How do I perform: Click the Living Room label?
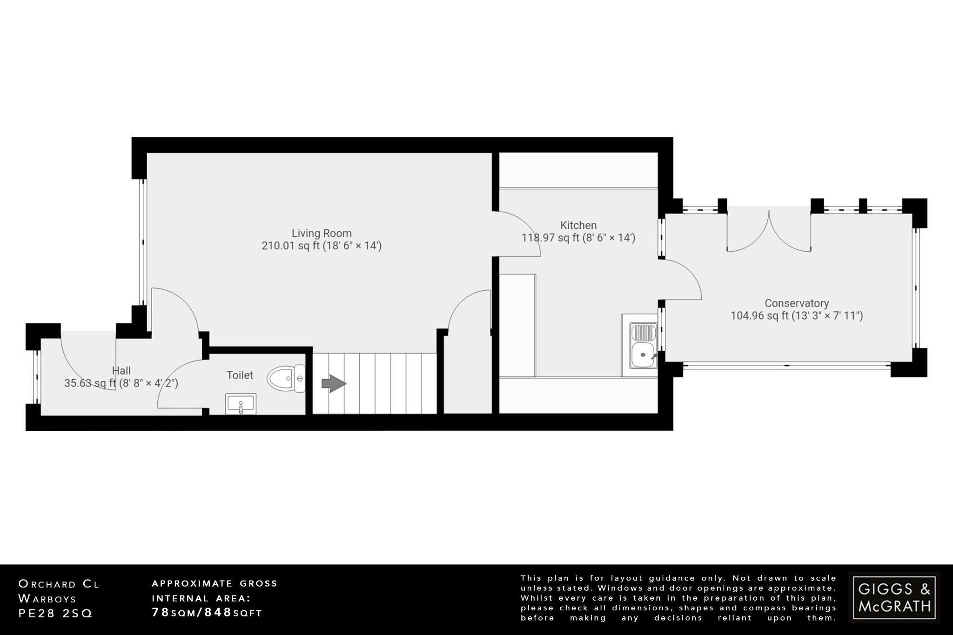point(322,233)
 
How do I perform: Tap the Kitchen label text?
point(578,225)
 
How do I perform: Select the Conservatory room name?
point(797,303)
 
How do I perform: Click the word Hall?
point(121,371)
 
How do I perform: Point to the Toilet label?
point(240,375)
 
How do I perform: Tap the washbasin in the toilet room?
point(241,404)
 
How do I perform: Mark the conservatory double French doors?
point(769,233)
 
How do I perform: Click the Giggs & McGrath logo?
point(894,598)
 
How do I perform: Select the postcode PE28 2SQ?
point(55,614)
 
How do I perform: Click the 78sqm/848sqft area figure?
point(207,613)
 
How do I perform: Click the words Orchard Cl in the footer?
point(59,584)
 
